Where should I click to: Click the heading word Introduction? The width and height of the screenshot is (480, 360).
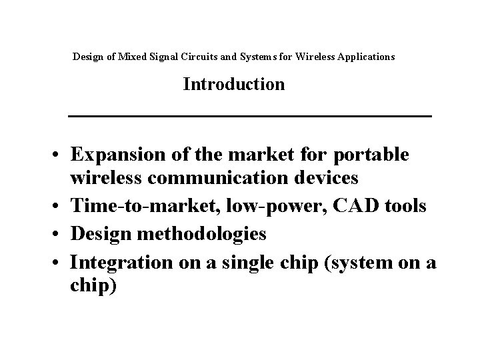[x=234, y=85]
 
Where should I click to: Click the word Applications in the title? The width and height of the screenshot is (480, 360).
[x=365, y=57]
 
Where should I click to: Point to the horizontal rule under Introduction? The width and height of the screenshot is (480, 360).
[x=251, y=117]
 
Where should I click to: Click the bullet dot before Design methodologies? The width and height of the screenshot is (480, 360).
[x=59, y=235]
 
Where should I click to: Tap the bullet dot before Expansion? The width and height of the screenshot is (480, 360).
[x=59, y=155]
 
